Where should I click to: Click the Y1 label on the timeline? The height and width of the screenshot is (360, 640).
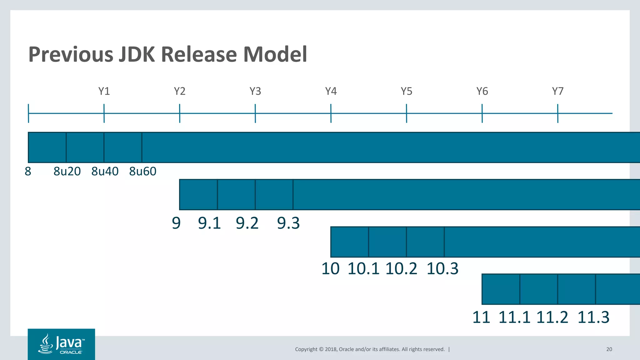pyautogui.click(x=104, y=91)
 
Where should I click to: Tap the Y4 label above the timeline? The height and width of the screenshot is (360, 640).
pyautogui.click(x=331, y=91)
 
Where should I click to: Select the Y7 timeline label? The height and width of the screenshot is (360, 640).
pyautogui.click(x=558, y=91)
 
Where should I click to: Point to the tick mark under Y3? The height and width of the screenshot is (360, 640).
pyautogui.click(x=255, y=113)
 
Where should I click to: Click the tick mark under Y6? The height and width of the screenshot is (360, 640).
pyautogui.click(x=482, y=113)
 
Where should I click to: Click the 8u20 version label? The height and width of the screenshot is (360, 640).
pyautogui.click(x=67, y=171)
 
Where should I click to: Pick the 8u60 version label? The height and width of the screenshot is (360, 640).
pyautogui.click(x=143, y=171)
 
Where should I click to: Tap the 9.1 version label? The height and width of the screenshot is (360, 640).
pyautogui.click(x=209, y=223)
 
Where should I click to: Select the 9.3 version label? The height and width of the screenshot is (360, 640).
pyautogui.click(x=288, y=223)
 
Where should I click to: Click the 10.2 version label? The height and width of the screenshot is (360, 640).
pyautogui.click(x=401, y=268)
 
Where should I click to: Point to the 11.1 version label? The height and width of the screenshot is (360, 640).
pyautogui.click(x=514, y=317)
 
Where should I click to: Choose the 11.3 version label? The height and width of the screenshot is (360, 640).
pyautogui.click(x=593, y=317)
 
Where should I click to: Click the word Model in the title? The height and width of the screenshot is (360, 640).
pyautogui.click(x=275, y=54)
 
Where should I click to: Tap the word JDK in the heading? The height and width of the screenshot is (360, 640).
pyautogui.click(x=137, y=54)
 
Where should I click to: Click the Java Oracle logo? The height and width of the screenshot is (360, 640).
pyautogui.click(x=61, y=344)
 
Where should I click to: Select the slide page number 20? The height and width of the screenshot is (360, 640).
pyautogui.click(x=609, y=349)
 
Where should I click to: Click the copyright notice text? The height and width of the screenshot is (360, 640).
pyautogui.click(x=370, y=349)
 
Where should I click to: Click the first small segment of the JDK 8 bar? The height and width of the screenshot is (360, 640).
pyautogui.click(x=47, y=147)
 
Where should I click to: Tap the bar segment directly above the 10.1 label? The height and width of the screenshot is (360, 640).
pyautogui.click(x=387, y=242)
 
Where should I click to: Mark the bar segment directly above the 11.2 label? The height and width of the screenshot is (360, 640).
pyautogui.click(x=577, y=289)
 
